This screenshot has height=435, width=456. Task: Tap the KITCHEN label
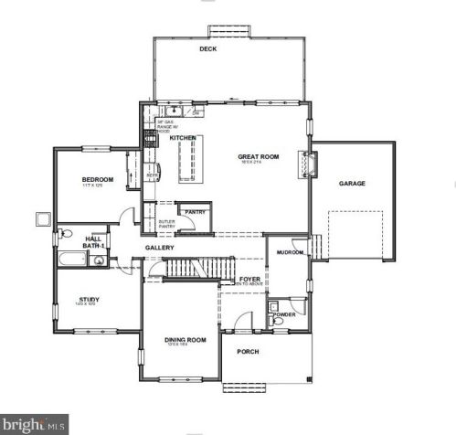point(183,138)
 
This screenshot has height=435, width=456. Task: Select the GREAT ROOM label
point(258,156)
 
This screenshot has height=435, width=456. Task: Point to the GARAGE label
point(352,184)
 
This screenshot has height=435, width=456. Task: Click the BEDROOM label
point(97,180)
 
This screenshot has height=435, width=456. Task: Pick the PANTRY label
point(195,212)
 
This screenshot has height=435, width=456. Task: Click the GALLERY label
point(159,248)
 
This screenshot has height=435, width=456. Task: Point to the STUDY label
point(90,299)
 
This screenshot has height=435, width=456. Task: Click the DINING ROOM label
point(185,340)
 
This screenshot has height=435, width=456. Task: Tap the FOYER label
point(249,280)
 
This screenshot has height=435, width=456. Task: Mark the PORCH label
point(248,352)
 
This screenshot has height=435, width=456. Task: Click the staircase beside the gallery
point(194,269)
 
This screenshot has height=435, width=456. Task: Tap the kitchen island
point(190,161)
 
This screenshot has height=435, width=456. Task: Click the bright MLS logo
point(35,425)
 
